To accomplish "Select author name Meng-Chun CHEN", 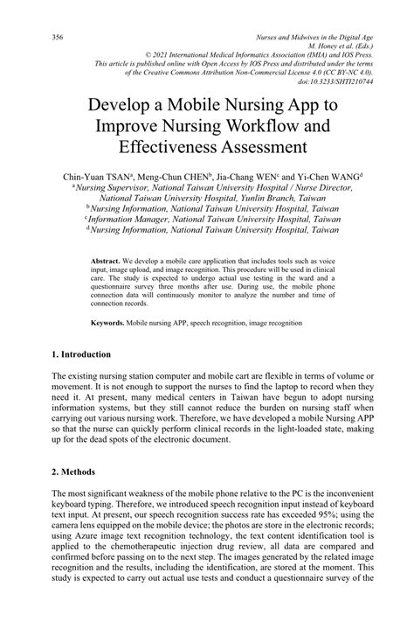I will [175, 176].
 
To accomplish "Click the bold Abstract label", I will [105, 262].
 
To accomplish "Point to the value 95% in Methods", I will [329, 516].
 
